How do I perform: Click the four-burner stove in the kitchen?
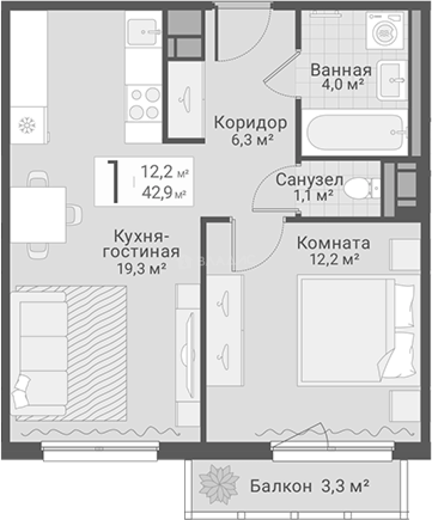pos(143,103)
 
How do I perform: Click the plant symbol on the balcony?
pos(219,483)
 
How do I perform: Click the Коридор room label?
pos(250,123)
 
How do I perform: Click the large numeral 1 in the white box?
pos(114,182)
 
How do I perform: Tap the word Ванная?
pos(340,70)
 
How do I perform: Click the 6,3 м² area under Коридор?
pos(250,140)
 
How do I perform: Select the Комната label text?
pos(334,243)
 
